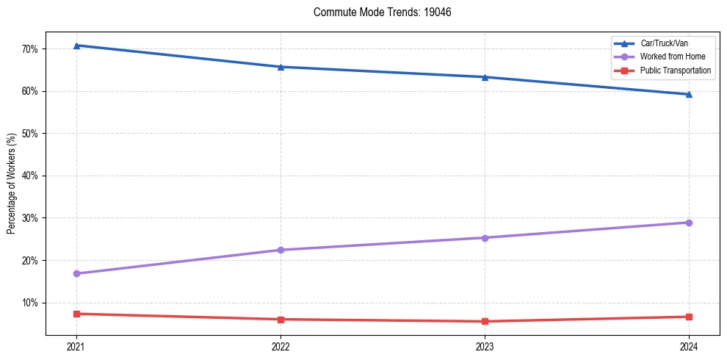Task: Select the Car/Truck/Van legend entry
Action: tap(664, 43)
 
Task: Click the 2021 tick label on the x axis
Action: tap(76, 346)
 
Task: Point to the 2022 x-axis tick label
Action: tap(281, 346)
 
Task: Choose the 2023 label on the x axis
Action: tap(485, 346)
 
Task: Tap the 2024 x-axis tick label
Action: tap(689, 346)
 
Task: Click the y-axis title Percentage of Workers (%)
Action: tap(12, 184)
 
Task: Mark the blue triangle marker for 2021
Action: tap(76, 46)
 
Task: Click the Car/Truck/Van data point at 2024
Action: tap(689, 94)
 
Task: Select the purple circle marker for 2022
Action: tap(281, 250)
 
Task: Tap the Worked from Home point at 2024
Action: tap(689, 223)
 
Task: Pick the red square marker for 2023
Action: tap(485, 321)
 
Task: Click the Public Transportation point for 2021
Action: tap(76, 314)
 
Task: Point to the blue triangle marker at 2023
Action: tap(485, 77)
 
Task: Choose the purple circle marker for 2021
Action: tap(76, 273)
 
